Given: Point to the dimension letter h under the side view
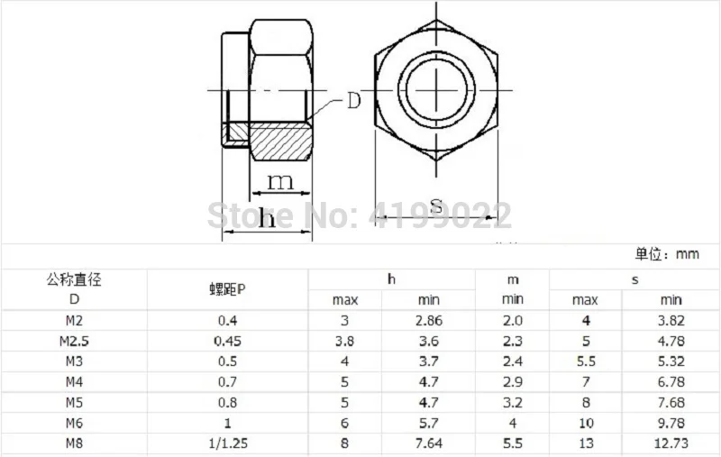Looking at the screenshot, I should pyautogui.click(x=267, y=219).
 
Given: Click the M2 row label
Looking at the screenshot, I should pyautogui.click(x=74, y=320).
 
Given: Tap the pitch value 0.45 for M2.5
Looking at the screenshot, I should pyautogui.click(x=228, y=341).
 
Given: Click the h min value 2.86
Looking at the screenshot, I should pyautogui.click(x=429, y=320).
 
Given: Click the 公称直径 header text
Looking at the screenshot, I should pyautogui.click(x=74, y=279).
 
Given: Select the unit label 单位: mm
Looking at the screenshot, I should pyautogui.click(x=667, y=255).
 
